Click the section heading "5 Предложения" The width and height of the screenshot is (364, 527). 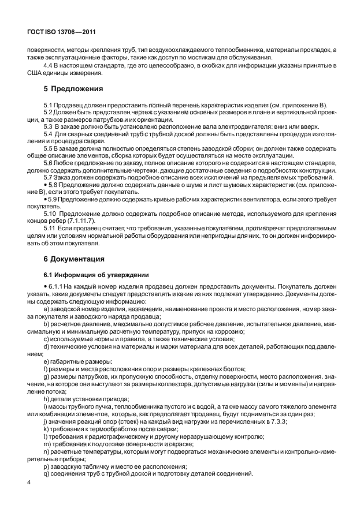(x=73, y=89)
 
